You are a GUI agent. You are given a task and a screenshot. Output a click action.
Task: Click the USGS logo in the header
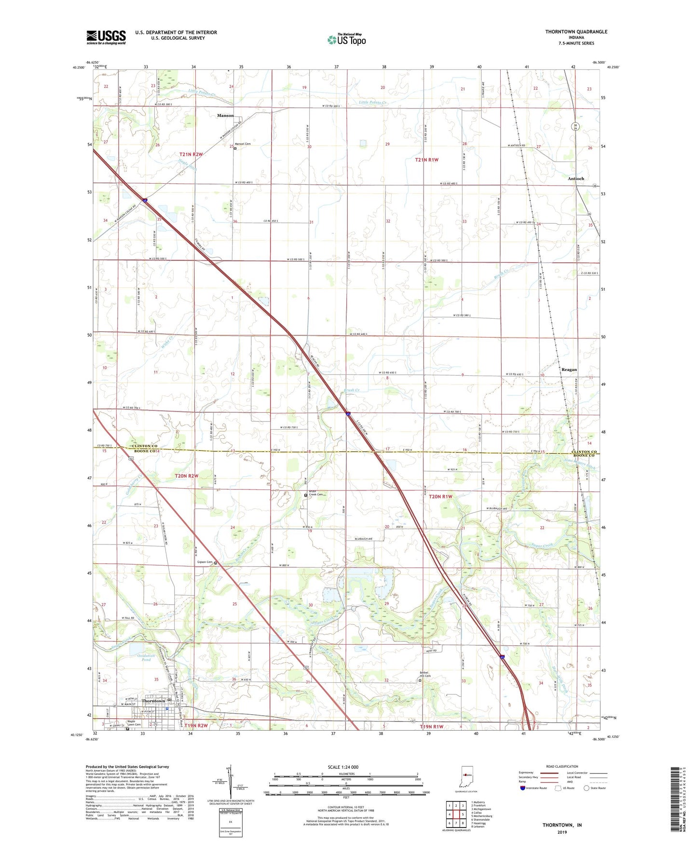tap(106, 37)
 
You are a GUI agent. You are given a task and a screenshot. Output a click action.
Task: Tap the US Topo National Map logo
tap(346, 40)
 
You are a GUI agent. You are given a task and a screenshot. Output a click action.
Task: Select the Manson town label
tap(225, 116)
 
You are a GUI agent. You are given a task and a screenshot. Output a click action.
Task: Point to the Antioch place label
tap(575, 178)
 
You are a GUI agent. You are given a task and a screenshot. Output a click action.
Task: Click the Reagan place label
tap(569, 369)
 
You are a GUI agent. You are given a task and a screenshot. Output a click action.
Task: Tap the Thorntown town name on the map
tap(153, 701)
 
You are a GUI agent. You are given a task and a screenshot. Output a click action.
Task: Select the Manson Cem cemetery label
tap(243, 144)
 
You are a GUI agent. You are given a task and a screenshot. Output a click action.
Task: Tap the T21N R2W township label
tap(191, 154)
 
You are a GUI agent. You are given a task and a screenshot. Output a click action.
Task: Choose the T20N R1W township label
tap(440, 496)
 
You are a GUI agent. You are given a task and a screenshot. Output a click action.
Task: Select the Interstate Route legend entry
tap(536, 788)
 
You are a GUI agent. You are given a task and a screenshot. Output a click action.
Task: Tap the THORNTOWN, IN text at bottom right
tap(562, 825)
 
